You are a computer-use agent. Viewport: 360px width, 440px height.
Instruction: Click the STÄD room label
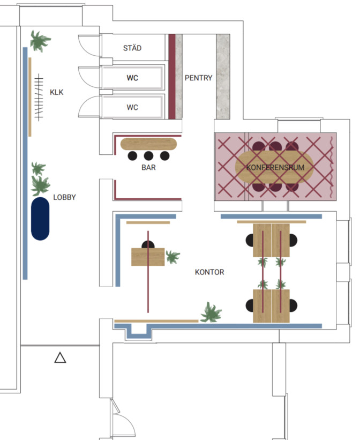(132, 48)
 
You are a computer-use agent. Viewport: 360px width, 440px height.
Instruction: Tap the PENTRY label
(198, 78)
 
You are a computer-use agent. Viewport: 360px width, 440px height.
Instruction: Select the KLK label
(56, 92)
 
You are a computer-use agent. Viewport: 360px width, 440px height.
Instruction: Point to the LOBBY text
(64, 197)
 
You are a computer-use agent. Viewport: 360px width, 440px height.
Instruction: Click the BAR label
(148, 168)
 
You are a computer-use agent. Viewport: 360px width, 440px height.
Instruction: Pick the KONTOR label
(209, 272)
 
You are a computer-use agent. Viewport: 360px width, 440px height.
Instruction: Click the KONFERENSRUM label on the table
(275, 168)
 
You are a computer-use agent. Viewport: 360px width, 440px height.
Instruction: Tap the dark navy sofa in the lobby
(40, 219)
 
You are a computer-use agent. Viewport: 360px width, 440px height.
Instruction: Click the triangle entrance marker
(60, 358)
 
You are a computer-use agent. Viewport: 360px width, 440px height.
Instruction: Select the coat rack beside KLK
(39, 97)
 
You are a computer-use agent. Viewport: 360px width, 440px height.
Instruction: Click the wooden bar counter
(149, 144)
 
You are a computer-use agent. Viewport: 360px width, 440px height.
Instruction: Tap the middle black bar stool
(148, 156)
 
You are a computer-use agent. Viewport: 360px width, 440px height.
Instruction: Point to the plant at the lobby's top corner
(40, 41)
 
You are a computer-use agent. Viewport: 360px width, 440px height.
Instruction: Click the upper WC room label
(132, 78)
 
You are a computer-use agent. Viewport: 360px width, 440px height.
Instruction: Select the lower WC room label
(132, 107)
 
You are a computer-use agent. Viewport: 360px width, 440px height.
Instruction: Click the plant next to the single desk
(172, 257)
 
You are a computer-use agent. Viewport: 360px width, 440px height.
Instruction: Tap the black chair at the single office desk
(148, 244)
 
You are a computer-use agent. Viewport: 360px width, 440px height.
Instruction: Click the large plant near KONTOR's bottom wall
(211, 312)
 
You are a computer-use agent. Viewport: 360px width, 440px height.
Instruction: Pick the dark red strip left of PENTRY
(172, 77)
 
